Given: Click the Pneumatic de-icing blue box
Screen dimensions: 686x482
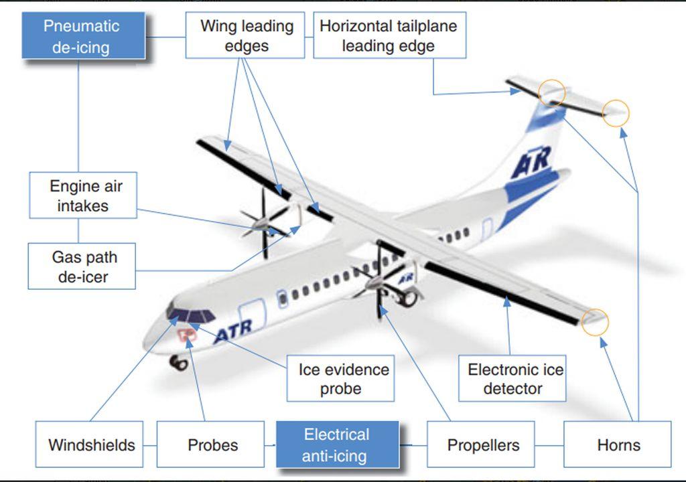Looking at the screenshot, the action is point(84,35).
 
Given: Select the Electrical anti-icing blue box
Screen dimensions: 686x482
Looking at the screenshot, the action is point(338,445).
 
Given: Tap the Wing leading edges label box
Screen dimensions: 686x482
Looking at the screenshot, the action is point(245,35).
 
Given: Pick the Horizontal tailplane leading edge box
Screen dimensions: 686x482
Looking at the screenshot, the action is point(390,35).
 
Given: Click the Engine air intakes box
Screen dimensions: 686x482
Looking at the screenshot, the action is point(83,195).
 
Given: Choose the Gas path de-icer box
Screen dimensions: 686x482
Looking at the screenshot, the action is point(82,266).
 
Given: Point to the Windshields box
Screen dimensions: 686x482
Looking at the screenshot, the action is point(89,445).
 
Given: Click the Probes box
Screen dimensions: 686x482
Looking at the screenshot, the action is point(210,445).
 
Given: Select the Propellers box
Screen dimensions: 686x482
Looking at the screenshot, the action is point(481,445).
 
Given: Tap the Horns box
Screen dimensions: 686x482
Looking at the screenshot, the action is point(617,445).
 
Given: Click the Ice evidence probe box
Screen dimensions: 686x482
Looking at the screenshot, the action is point(340,378).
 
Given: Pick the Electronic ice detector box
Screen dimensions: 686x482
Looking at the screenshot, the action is point(512,378).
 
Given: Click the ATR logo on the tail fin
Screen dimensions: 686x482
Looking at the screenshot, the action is point(531,162).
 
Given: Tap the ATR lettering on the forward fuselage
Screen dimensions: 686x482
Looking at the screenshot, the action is point(234,331).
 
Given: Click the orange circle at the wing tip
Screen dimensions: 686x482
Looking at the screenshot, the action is point(595,322).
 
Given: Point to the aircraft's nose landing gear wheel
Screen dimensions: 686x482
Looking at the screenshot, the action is point(178,363).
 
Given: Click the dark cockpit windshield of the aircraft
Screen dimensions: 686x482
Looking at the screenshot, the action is point(190,315).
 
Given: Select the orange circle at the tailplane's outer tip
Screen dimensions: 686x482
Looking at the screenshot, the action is point(616,113).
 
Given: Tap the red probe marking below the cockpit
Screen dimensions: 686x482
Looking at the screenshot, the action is point(187,335).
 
